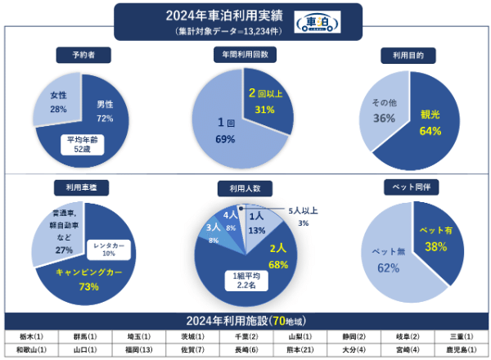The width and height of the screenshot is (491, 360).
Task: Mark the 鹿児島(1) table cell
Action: pos(460,350)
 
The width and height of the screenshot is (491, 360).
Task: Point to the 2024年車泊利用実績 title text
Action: pos(223,15)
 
